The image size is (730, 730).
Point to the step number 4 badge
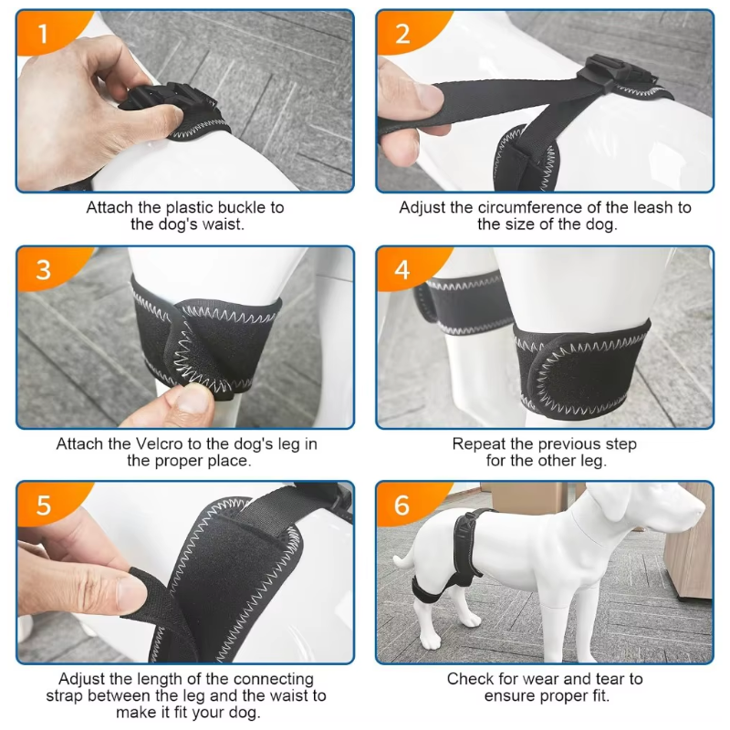(x=402, y=270)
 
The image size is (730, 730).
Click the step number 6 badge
(x=402, y=506)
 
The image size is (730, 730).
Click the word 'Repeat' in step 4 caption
(x=479, y=444)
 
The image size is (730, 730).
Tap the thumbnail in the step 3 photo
(x=194, y=399)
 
